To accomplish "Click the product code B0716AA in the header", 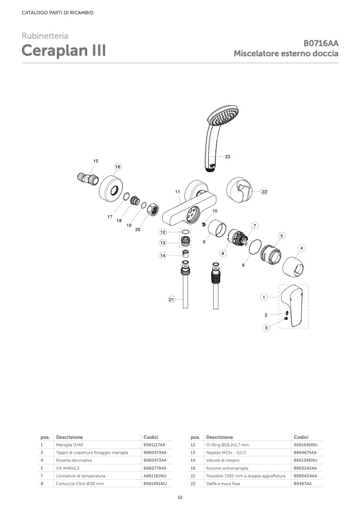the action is [x=321, y=43].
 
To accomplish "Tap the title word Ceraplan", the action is [x=55, y=50].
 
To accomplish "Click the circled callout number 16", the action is [x=118, y=167].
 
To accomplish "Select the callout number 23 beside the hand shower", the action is [x=228, y=157].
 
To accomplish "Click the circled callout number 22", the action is [x=264, y=191].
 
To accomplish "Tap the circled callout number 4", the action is [x=302, y=248].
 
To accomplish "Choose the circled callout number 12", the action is [x=163, y=232].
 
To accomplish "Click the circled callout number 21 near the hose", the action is [x=171, y=299].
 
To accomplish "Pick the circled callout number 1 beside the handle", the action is [x=264, y=297].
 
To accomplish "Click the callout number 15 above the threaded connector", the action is [x=96, y=161].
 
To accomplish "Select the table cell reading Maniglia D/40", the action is [x=70, y=445].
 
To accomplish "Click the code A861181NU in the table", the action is [x=155, y=476].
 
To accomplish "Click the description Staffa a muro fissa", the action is [x=223, y=483].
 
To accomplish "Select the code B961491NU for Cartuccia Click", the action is [x=155, y=483].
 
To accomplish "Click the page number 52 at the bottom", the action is [x=180, y=497].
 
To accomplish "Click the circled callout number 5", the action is [x=282, y=236].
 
